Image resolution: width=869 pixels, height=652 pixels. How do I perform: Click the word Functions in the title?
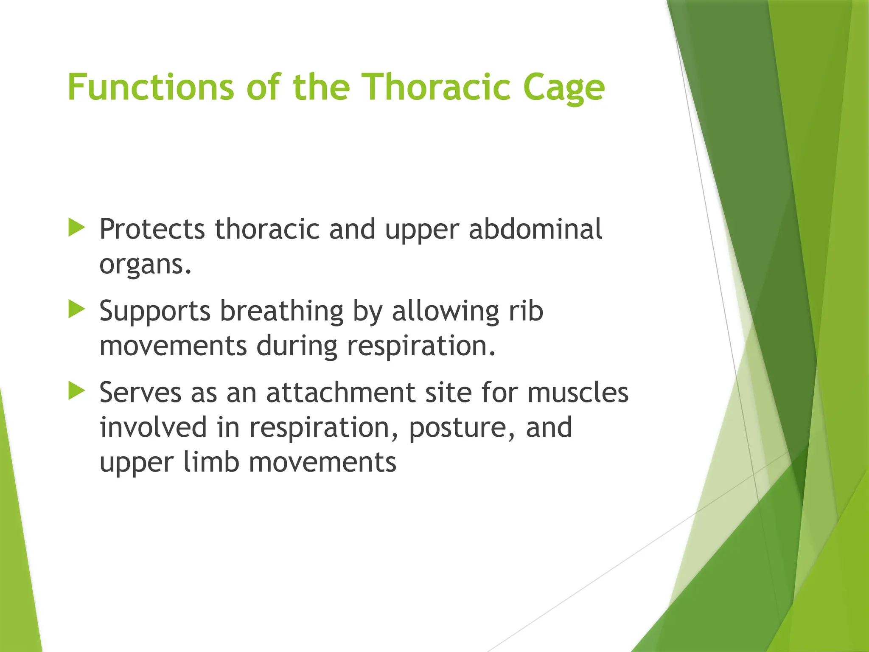tap(151, 87)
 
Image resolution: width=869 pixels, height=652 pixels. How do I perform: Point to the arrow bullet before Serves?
tap(77, 391)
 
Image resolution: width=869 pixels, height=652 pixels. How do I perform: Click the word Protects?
tap(152, 229)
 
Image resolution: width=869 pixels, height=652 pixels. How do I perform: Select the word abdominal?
tap(535, 229)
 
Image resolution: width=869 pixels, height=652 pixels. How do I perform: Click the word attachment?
tap(340, 393)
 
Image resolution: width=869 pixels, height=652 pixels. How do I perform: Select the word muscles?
tap(578, 393)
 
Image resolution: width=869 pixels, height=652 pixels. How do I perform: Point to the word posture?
tap(462, 427)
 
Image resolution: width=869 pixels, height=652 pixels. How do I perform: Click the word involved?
tap(153, 427)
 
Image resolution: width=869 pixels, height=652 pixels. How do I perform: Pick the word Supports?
tap(155, 312)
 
